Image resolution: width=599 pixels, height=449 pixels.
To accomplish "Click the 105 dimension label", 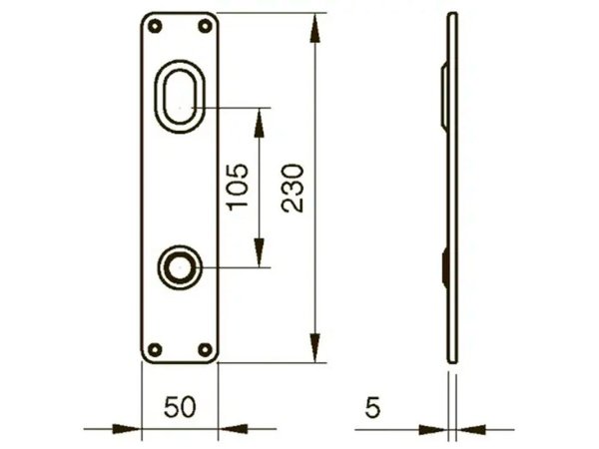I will pyautogui.click(x=236, y=187).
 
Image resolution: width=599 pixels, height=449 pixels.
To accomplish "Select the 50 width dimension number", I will pyautogui.click(x=180, y=407).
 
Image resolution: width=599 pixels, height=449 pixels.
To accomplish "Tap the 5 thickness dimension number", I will pyautogui.click(x=372, y=407).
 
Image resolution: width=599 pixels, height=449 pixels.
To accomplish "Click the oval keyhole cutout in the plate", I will pyautogui.click(x=181, y=96).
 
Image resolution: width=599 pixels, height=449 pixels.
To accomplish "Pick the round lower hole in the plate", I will pyautogui.click(x=180, y=266).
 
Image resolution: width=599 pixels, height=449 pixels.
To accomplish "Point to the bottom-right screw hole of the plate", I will pyautogui.click(x=207, y=349).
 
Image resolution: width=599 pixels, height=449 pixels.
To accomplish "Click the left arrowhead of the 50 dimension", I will pyautogui.click(x=129, y=429).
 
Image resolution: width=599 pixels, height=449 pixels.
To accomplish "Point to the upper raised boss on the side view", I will pyautogui.click(x=444, y=96).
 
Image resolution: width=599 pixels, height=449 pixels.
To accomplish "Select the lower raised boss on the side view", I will pyautogui.click(x=444, y=266).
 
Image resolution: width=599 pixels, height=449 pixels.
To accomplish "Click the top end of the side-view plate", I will pyautogui.click(x=452, y=17).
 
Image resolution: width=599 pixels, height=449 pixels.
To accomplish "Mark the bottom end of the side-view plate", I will pyautogui.click(x=452, y=360).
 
